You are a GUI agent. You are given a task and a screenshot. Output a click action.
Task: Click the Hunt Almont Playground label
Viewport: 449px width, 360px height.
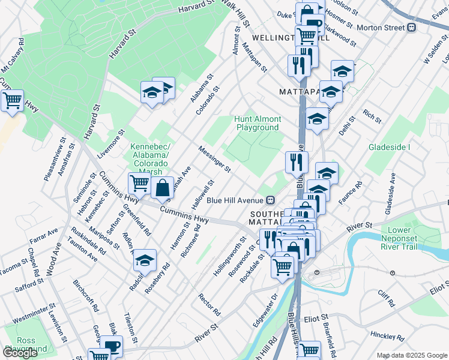coord(258,124)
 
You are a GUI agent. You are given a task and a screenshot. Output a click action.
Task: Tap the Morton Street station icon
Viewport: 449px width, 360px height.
coord(412,28)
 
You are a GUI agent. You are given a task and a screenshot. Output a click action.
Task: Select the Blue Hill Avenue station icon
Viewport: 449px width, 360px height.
coord(271,200)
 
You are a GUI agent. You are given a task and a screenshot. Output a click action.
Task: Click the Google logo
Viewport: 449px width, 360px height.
coord(20,353)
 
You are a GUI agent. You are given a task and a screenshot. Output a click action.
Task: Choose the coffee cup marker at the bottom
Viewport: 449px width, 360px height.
coord(111,347)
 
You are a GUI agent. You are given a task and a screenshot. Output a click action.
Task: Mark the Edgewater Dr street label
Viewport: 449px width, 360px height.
coord(265,310)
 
